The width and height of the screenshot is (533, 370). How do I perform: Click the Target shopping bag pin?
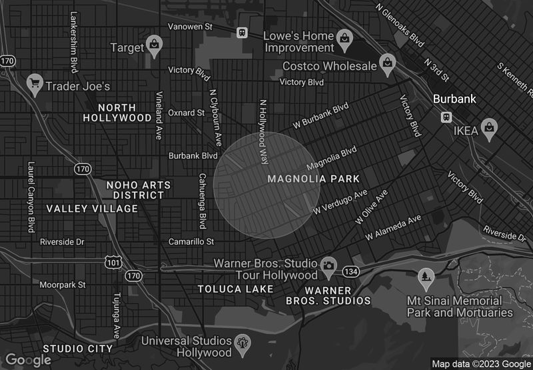(155, 45)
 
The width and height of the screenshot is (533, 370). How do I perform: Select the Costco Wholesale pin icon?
(386, 63)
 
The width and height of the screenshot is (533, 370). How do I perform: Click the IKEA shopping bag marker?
(490, 128)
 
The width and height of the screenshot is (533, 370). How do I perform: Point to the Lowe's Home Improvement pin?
(344, 37)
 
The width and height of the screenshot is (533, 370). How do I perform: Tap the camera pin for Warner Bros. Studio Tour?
(328, 267)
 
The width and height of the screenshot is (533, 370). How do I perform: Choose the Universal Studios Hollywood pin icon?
(243, 343)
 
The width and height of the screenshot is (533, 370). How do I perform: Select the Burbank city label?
(454, 99)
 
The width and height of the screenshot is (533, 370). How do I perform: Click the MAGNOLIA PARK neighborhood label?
(313, 179)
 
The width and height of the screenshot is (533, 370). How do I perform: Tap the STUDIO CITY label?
(78, 349)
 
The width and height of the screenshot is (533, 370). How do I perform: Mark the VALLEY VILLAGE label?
(92, 209)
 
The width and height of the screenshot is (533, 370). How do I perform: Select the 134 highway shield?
(351, 271)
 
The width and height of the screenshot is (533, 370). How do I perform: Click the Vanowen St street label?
(189, 27)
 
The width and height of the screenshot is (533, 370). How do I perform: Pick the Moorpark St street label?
(62, 285)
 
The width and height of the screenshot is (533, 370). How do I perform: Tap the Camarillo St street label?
(191, 241)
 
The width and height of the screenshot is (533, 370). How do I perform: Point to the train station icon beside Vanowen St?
(242, 31)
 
